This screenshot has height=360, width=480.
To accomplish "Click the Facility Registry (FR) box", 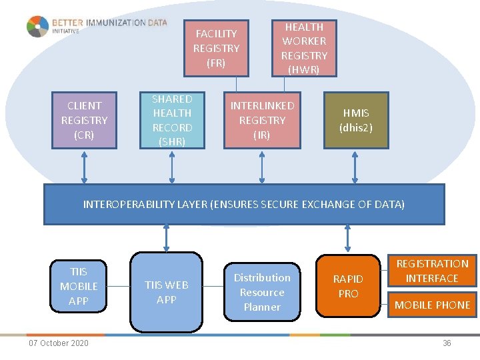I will (x=216, y=48).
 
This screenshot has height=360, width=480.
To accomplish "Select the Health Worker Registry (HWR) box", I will (x=304, y=48).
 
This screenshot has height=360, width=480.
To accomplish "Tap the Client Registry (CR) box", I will (x=84, y=120).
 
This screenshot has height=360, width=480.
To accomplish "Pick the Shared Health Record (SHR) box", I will (x=172, y=120).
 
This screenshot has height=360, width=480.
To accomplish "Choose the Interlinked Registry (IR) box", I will (x=262, y=120).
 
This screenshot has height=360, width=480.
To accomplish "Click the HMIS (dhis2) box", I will (x=355, y=121).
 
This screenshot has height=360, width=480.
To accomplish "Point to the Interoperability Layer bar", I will (x=243, y=204).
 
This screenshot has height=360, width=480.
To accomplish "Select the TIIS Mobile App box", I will (x=79, y=286).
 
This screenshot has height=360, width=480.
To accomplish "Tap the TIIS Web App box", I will (x=166, y=292).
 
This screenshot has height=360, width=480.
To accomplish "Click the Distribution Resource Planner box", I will (x=262, y=292).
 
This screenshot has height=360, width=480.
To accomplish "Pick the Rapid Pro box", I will (x=348, y=286).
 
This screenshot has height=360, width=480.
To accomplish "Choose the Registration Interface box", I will (x=432, y=271).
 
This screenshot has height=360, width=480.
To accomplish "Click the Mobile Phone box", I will (x=433, y=305).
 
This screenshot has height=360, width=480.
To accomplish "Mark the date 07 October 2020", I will (x=58, y=343).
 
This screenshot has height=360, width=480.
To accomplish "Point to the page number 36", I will (x=447, y=343).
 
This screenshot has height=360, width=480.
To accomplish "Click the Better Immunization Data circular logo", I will (x=37, y=27).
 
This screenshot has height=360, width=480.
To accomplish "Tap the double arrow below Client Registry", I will (x=84, y=166).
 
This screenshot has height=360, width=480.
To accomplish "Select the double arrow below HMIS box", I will (x=355, y=166).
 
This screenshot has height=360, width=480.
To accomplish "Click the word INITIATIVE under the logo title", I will (x=66, y=31).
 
